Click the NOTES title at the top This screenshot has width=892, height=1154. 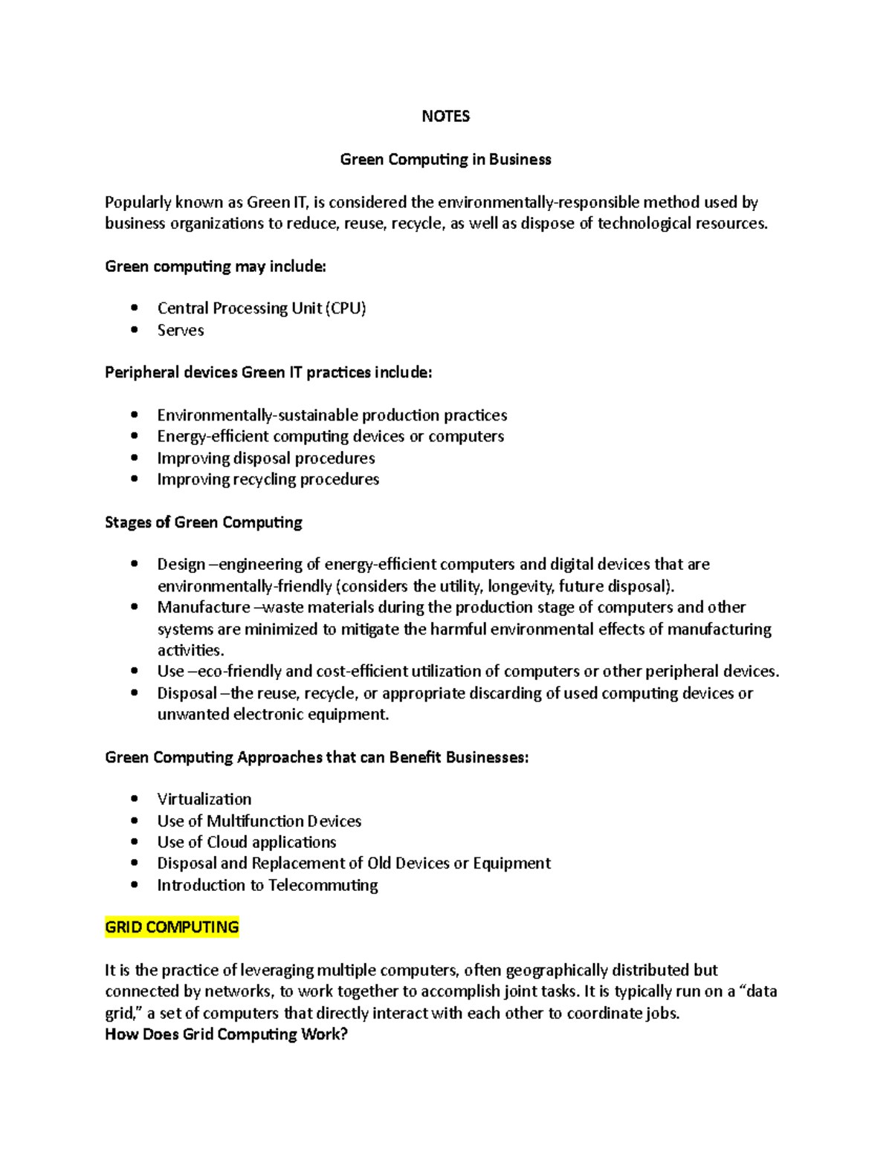click(445, 116)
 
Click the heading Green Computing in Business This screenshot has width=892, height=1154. click(445, 159)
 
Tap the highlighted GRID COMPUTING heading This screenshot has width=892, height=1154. click(172, 927)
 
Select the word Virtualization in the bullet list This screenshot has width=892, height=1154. click(204, 800)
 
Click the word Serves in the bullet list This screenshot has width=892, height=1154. click(181, 331)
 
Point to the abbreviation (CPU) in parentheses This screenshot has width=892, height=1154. click(346, 308)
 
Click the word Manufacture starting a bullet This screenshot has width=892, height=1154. click(204, 607)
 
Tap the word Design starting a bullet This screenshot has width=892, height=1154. click(181, 565)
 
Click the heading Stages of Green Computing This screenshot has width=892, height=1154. click(204, 522)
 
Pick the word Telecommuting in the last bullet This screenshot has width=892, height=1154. click(323, 885)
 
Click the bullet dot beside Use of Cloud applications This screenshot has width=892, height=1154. click(135, 842)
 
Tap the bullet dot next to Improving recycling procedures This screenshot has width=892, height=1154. click(135, 479)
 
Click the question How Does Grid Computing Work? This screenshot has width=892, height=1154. click(227, 1034)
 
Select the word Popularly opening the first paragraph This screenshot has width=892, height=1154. click(138, 203)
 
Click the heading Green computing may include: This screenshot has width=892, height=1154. click(216, 267)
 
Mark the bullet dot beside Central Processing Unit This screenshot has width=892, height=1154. click(135, 308)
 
